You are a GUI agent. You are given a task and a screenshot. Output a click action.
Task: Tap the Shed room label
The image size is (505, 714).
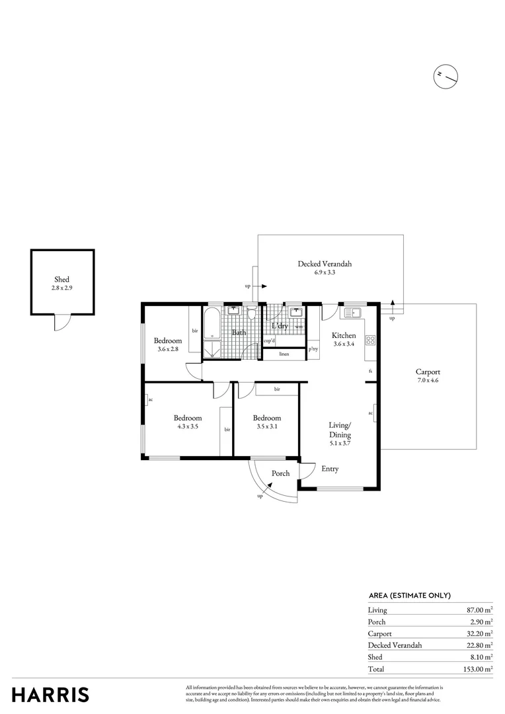(61, 280)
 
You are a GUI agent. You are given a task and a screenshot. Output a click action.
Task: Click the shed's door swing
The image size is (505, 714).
(61, 322)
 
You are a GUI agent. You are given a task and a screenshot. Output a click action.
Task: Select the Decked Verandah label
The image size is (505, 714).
(324, 264)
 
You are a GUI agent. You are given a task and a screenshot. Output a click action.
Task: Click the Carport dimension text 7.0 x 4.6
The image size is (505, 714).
(428, 381)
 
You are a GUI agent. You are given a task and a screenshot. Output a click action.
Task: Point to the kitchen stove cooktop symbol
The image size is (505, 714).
(371, 340)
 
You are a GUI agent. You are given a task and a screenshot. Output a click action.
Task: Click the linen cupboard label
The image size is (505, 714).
(284, 354)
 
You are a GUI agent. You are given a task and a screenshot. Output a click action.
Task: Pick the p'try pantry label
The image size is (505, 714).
(313, 348)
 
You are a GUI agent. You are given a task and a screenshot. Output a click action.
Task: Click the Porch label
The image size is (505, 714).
(281, 473)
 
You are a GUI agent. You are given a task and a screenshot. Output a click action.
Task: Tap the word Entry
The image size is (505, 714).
(330, 469)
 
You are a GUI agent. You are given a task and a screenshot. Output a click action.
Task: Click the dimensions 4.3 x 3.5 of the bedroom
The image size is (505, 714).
(188, 427)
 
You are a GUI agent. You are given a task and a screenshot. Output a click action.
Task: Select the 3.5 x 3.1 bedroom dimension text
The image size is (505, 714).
(266, 427)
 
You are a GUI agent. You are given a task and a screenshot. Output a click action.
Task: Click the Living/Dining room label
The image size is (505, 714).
(340, 430)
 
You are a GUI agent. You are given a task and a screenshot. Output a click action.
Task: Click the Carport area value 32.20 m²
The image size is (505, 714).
(479, 633)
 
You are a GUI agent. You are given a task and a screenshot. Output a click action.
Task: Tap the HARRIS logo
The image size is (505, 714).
(51, 694)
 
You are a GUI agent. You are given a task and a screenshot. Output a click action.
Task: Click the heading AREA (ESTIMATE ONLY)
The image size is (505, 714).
(409, 594)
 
